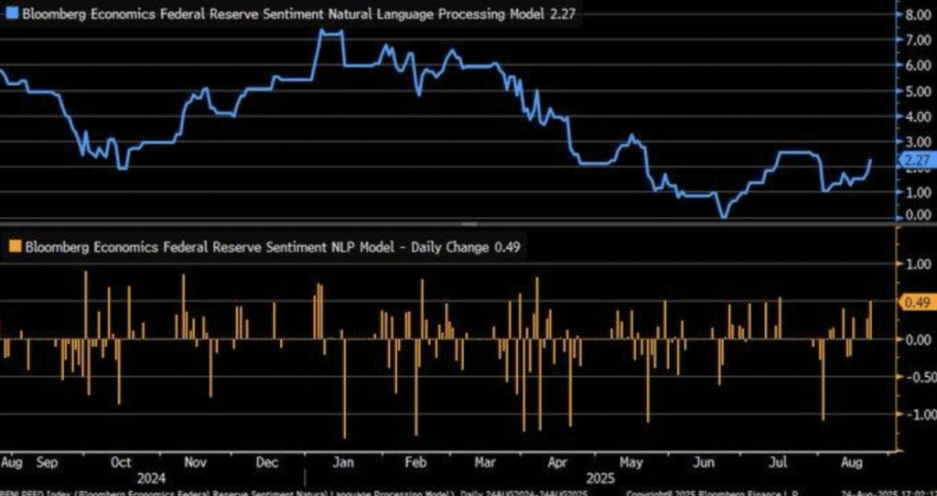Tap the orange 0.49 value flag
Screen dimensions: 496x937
(917, 302)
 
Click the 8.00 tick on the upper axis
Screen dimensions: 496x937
(917, 16)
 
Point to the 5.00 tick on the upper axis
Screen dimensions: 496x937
(917, 91)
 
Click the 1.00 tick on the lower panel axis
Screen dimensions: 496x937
(917, 264)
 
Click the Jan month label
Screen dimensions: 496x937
(338, 462)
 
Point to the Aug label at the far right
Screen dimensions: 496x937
(849, 462)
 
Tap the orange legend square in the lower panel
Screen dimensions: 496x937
(13, 246)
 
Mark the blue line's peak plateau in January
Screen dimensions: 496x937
(330, 32)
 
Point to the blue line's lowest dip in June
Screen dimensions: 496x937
(724, 216)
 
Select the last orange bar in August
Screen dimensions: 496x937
(869, 319)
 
